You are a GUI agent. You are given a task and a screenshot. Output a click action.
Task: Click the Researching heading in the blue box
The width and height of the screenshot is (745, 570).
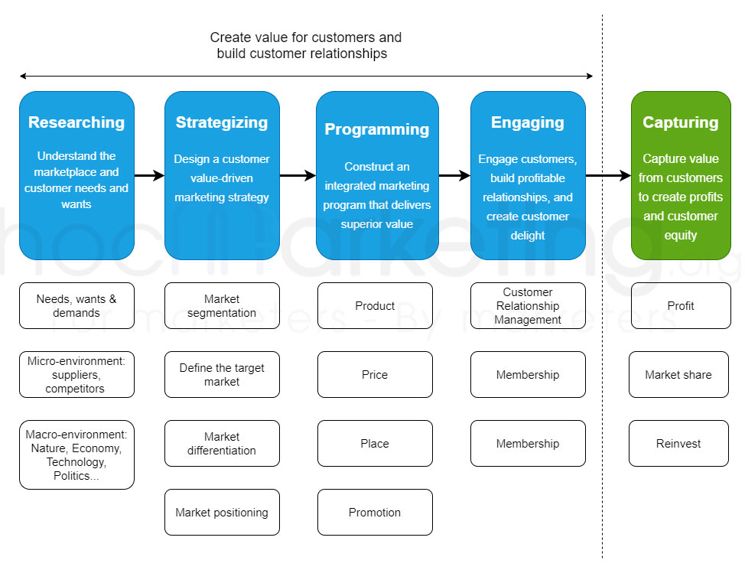pyautogui.click(x=76, y=122)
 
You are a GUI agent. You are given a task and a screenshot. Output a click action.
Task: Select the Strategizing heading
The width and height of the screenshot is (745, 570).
pyautogui.click(x=222, y=122)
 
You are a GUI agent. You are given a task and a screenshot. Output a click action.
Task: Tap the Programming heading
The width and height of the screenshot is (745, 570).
pyautogui.click(x=376, y=129)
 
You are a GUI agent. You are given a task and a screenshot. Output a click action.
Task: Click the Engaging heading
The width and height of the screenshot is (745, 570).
pyautogui.click(x=528, y=122)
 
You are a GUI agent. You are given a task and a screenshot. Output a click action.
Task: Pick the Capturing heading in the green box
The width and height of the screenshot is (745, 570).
pyautogui.click(x=681, y=122)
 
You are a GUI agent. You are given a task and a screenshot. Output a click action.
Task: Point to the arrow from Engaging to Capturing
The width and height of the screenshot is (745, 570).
pyautogui.click(x=608, y=176)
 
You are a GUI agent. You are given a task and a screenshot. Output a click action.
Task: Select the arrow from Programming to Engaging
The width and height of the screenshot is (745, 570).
pyautogui.click(x=454, y=176)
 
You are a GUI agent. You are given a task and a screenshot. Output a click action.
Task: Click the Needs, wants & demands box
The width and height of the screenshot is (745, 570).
pyautogui.click(x=76, y=306)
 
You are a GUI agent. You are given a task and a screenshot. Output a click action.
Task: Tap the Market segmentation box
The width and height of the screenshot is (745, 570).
pyautogui.click(x=222, y=306)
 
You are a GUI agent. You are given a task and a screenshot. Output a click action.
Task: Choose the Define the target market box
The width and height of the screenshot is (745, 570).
pyautogui.click(x=222, y=375)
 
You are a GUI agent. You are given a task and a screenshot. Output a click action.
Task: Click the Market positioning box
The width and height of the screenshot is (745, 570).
pyautogui.click(x=222, y=513)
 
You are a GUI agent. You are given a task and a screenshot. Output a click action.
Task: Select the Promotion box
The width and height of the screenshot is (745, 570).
pyautogui.click(x=375, y=513)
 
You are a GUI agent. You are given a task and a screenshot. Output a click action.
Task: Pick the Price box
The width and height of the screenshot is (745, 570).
pyautogui.click(x=375, y=375)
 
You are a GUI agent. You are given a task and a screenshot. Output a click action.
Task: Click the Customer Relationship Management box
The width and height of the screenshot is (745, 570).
pyautogui.click(x=528, y=306)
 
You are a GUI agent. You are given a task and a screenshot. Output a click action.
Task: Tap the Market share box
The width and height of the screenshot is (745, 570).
pyautogui.click(x=678, y=375)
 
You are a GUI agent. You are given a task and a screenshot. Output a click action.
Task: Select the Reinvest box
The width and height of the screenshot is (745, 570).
pyautogui.click(x=678, y=444)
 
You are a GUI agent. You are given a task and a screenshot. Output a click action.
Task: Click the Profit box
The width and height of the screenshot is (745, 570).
pyautogui.click(x=681, y=306)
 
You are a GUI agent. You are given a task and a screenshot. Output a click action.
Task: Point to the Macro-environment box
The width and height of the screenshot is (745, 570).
pyautogui.click(x=76, y=455)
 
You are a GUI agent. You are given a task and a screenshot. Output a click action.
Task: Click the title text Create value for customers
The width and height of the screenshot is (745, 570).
pyautogui.click(x=305, y=37)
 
